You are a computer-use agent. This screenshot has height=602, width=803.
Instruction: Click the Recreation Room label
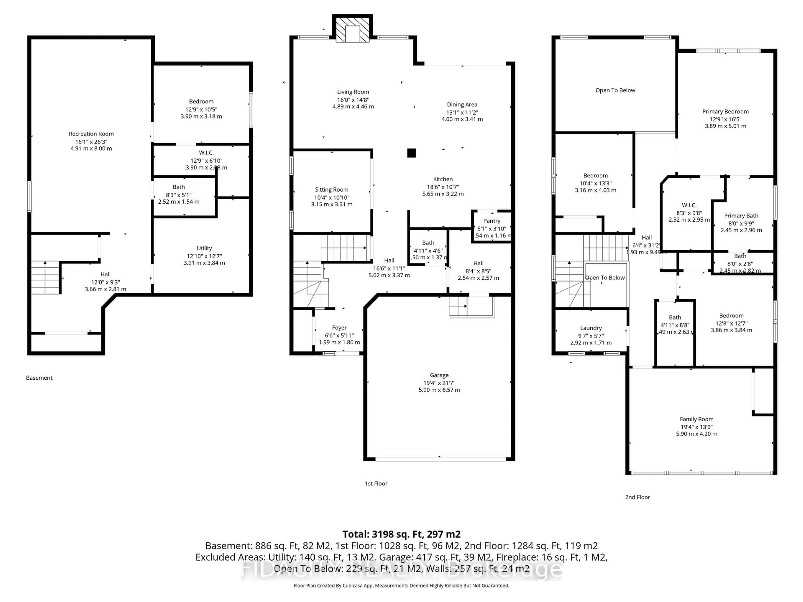click(91, 134)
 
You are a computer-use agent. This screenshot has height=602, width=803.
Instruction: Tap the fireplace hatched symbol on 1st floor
click(352, 29)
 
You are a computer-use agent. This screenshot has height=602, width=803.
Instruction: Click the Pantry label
click(492, 221)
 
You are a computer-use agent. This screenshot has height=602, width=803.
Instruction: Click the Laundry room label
click(591, 328)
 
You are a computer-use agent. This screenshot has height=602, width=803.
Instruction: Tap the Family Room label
click(696, 419)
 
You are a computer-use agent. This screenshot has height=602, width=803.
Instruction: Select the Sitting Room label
click(331, 190)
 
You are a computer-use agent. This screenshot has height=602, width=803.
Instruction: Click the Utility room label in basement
click(204, 248)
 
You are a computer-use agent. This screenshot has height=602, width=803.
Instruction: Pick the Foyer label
click(339, 328)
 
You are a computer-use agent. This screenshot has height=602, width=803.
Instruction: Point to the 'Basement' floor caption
click(39, 378)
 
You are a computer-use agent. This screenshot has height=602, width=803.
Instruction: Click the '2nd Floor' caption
click(637, 497)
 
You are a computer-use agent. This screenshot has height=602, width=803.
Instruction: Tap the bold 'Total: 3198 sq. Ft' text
click(401, 534)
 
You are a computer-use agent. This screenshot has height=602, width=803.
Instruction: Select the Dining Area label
click(462, 105)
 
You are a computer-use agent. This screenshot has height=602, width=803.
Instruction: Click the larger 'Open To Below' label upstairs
click(615, 90)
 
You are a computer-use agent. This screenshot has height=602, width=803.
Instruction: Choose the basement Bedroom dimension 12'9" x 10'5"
click(201, 109)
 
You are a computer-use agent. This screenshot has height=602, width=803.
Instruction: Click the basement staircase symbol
click(45, 278)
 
